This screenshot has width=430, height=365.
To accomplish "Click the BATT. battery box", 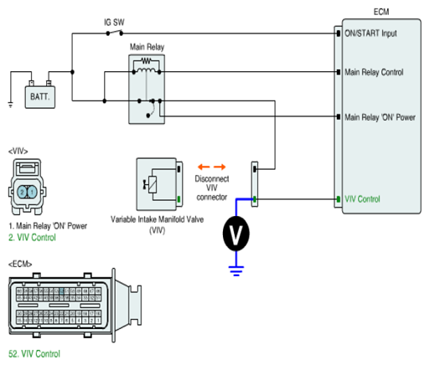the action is [40, 97].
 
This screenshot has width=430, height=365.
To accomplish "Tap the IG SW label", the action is [114, 23].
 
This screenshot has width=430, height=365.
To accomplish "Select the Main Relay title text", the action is [147, 47].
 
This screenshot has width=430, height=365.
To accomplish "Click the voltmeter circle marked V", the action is [236, 234].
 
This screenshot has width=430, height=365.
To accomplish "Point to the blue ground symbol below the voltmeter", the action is [236, 271].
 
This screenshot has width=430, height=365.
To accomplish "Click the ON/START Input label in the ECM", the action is [370, 33].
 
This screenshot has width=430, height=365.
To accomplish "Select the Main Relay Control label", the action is [374, 72].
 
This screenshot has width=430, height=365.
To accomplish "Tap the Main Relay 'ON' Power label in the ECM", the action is [380, 117].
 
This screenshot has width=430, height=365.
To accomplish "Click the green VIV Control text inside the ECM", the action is [362, 199].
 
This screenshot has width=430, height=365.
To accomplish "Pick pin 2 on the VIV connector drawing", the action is [22, 192].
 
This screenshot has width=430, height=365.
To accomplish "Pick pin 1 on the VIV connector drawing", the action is [32, 192].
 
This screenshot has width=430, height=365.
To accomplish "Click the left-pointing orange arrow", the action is [204, 167].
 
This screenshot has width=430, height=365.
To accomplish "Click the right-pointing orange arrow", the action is [220, 167].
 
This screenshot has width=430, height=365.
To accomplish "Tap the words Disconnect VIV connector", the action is [212, 188].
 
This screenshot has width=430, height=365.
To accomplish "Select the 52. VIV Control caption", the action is [34, 354].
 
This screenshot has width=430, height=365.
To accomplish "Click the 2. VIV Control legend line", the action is [32, 238].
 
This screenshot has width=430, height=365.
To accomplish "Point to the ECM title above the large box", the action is [381, 12].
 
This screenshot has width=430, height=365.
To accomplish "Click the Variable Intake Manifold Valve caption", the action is [157, 224].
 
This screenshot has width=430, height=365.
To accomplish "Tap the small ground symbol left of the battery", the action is [10, 105].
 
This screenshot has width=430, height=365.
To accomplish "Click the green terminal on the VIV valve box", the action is [179, 199].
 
